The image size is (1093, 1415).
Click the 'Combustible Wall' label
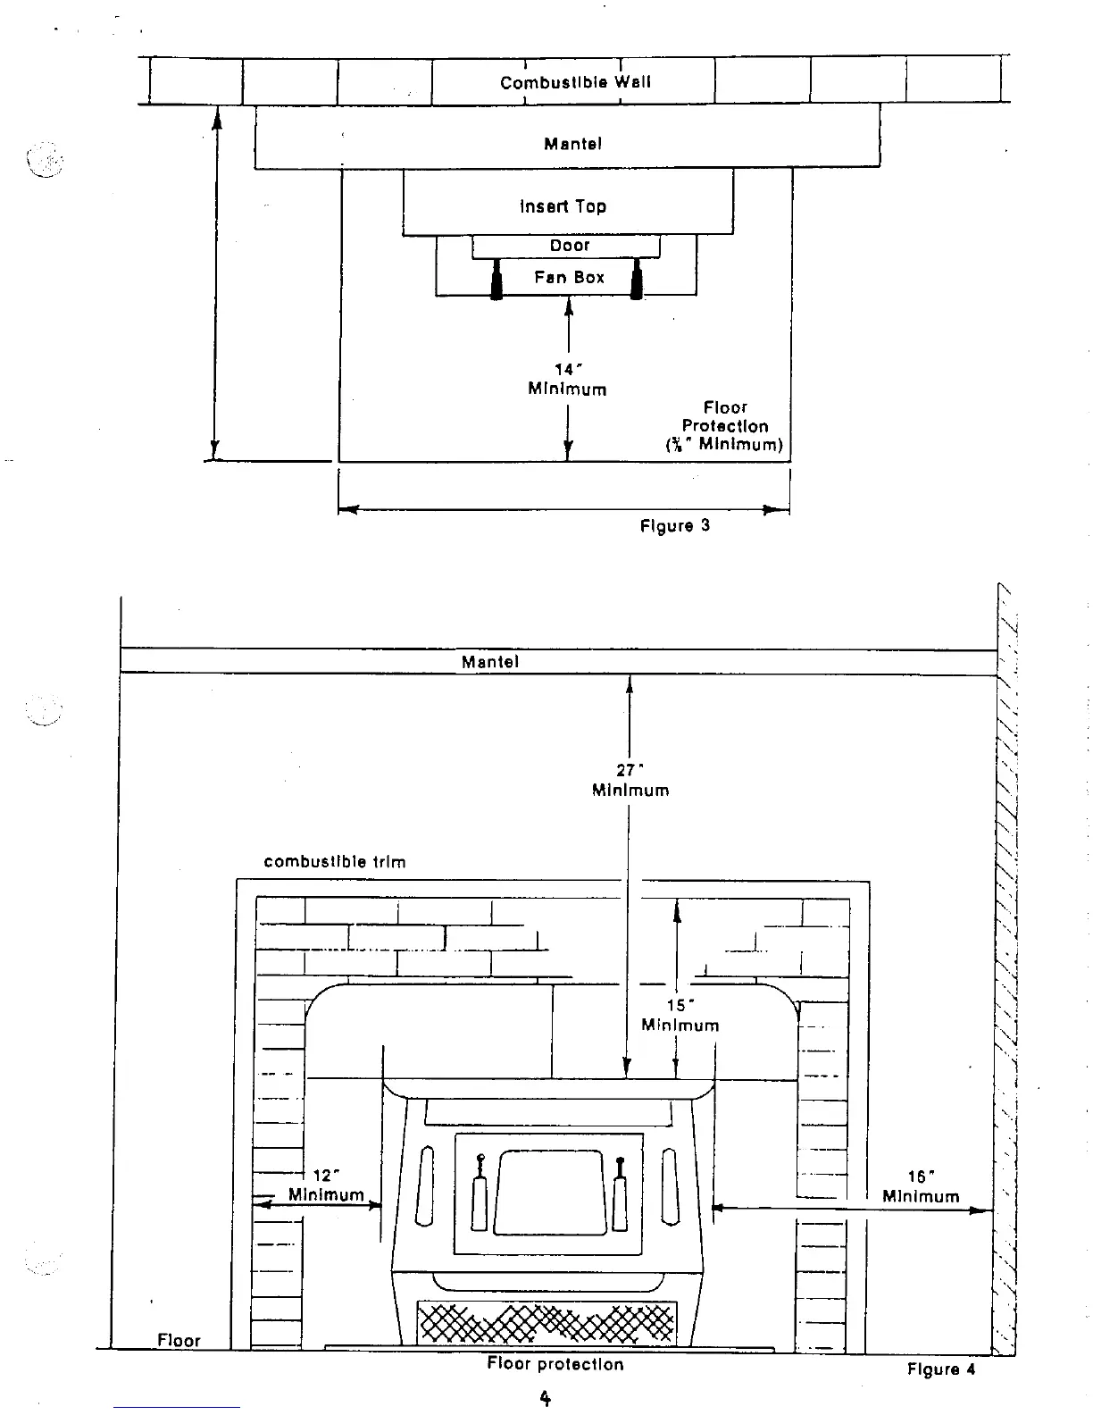(x=575, y=82)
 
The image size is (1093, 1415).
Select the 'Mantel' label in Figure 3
(x=572, y=144)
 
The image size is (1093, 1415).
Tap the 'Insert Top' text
(x=563, y=206)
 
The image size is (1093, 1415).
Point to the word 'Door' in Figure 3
(x=570, y=246)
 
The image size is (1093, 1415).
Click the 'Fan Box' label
(x=569, y=278)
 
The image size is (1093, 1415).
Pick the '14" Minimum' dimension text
(x=567, y=380)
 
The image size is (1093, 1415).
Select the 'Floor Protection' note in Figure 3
(x=724, y=426)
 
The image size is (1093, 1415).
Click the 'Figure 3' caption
(x=674, y=525)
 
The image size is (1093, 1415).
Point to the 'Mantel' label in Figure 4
(x=489, y=662)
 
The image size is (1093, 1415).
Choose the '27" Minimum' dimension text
(x=630, y=780)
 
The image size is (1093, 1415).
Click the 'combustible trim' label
(x=335, y=862)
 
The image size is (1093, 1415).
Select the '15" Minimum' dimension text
(x=680, y=1016)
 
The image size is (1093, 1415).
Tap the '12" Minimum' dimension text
(x=326, y=1185)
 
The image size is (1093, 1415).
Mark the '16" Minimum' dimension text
(x=921, y=1187)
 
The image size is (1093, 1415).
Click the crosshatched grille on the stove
(x=546, y=1322)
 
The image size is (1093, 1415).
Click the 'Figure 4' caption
(x=941, y=1369)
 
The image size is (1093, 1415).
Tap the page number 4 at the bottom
(x=546, y=1398)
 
